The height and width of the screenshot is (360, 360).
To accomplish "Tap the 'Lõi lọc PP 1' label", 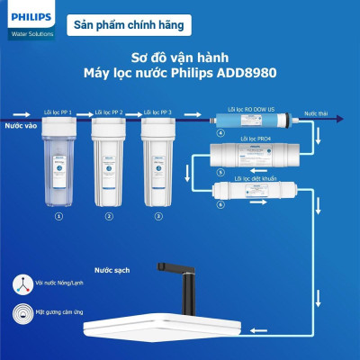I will [59, 112].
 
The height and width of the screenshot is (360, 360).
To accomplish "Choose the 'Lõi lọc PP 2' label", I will [109, 112].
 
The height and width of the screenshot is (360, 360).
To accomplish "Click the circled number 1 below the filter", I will [59, 217].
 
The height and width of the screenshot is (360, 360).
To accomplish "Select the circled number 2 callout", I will [109, 217].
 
